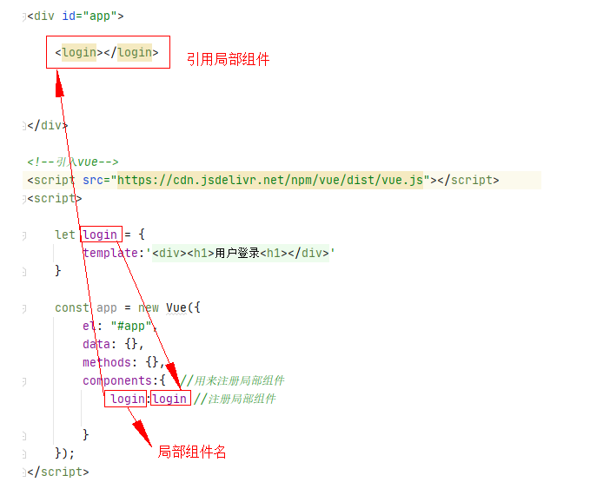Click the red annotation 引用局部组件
click(228, 59)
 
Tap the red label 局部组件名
click(191, 452)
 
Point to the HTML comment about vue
click(73, 162)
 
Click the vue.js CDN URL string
click(270, 180)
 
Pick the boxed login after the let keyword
click(100, 234)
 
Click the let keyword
click(64, 234)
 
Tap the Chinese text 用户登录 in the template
click(237, 253)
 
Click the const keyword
click(72, 307)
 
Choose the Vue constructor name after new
click(178, 307)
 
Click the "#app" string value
click(133, 326)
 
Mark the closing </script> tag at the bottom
click(57, 472)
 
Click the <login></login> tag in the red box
click(107, 52)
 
